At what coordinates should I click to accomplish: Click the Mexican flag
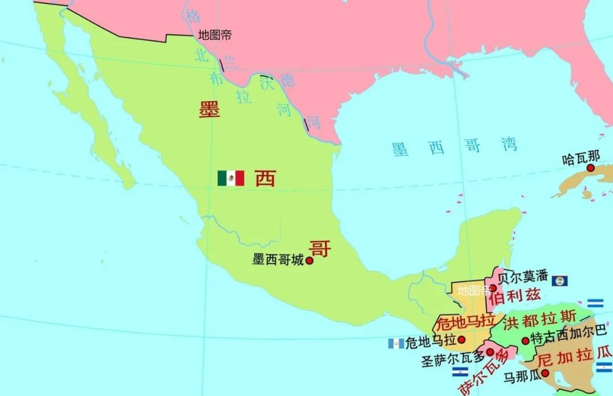[231, 178]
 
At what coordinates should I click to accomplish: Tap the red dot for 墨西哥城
[310, 261]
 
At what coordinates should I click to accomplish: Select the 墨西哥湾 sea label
[454, 147]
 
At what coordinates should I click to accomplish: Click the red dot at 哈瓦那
[590, 168]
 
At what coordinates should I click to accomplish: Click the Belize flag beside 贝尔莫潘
[560, 281]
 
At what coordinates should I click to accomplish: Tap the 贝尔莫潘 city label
[523, 277]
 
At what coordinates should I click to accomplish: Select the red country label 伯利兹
[514, 295]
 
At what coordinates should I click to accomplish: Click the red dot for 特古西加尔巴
[526, 341]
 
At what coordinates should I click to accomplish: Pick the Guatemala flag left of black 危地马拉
[396, 343]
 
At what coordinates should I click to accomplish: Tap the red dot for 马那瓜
[545, 373]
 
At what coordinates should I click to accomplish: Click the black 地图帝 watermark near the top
[215, 35]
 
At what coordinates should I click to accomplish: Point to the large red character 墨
[209, 109]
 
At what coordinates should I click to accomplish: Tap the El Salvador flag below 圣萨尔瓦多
[460, 372]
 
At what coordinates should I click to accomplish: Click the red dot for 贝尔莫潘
[493, 288]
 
